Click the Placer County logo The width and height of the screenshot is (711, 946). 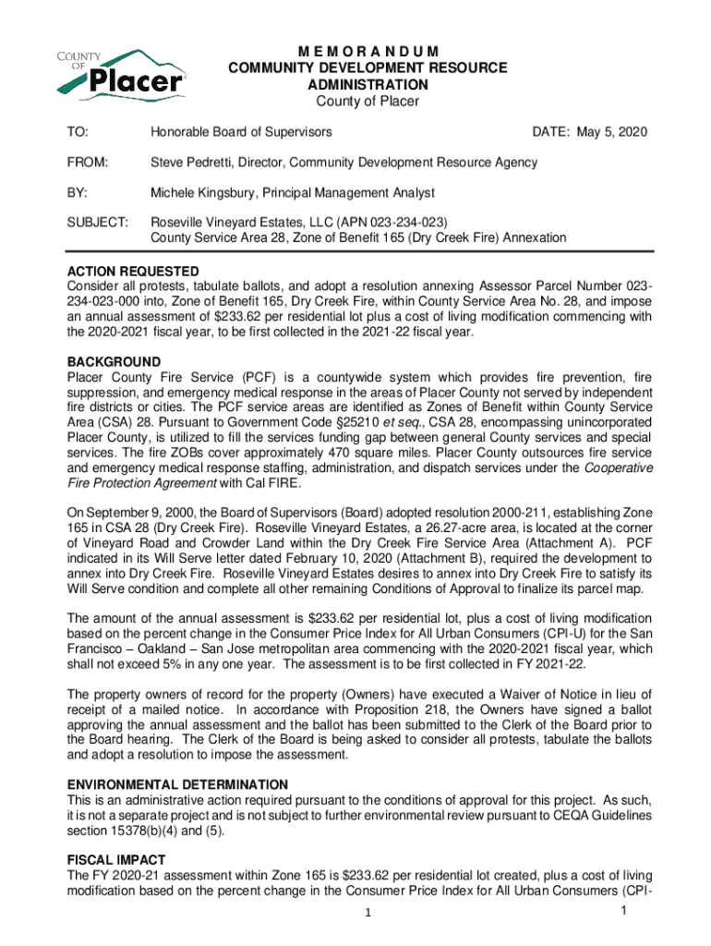[120, 74]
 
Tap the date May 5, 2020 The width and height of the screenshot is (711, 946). [611, 133]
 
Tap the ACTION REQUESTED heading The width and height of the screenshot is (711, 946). [133, 271]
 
